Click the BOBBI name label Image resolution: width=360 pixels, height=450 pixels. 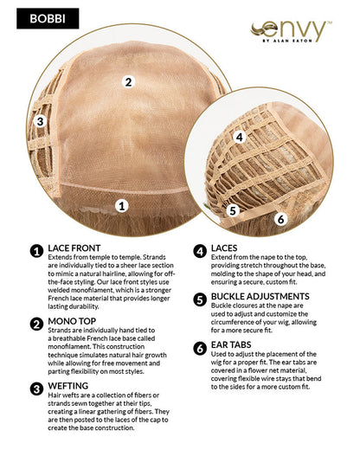pos(48,18)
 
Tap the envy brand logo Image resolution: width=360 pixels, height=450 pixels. pos(291,31)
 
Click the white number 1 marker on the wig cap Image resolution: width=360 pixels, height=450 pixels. pos(122,206)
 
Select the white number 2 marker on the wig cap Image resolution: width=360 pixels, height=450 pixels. pos(128,82)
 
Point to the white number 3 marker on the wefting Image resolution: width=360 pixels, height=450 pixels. pos(40,121)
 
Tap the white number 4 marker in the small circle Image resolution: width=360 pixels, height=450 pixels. pos(239,137)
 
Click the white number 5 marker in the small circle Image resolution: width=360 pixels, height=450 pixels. pos(233,210)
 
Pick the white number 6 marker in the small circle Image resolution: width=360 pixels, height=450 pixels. pos(280,219)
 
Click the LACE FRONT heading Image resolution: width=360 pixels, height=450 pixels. pos(74,248)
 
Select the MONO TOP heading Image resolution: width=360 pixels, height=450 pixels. pos(72,321)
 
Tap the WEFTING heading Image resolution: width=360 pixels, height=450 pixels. pos(68,386)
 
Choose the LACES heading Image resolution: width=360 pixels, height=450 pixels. pos(224,248)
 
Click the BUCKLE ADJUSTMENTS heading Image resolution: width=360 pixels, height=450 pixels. pos(260,297)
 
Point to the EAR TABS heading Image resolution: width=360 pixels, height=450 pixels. pos(231,344)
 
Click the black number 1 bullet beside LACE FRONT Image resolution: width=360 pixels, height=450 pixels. pos(36,251)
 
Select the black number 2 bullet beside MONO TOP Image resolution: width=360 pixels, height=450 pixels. pos(36,325)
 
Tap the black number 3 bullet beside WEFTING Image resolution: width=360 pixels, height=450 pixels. pos(36,389)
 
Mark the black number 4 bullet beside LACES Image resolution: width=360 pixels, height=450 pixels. pos(200,251)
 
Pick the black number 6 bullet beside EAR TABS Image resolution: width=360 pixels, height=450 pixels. pos(200,348)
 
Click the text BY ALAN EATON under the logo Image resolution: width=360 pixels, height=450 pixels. pos(287,41)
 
